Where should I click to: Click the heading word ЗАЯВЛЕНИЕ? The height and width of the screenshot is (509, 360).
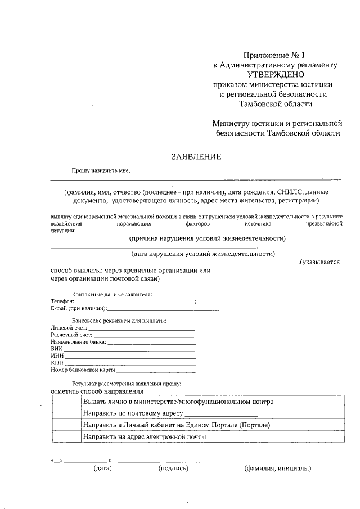pyautogui.click(x=196, y=156)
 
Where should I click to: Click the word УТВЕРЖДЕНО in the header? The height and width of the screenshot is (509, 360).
pyautogui.click(x=275, y=74)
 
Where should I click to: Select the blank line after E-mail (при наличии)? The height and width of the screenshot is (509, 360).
pyautogui.click(x=163, y=309)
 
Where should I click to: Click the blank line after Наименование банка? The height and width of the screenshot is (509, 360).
pyautogui.click(x=151, y=343)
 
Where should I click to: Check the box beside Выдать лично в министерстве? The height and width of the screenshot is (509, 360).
pyautogui.click(x=66, y=402)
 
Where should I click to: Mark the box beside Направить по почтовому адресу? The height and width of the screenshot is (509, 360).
pyautogui.click(x=66, y=413)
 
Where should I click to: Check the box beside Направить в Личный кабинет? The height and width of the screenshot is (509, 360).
pyautogui.click(x=66, y=425)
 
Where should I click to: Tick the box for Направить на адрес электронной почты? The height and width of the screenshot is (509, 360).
pyautogui.click(x=66, y=436)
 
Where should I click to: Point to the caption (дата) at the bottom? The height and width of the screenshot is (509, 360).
pyautogui.click(x=103, y=468)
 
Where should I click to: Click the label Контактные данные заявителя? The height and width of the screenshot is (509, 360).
pyautogui.click(x=112, y=294)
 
